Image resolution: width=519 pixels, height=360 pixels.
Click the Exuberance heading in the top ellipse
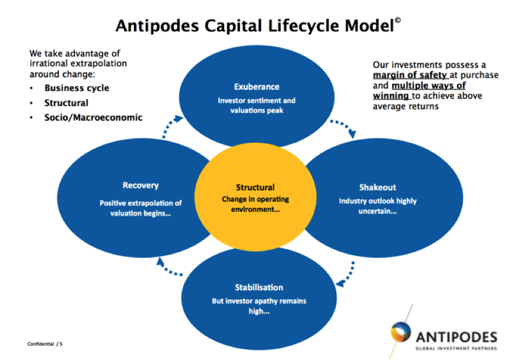[256, 87]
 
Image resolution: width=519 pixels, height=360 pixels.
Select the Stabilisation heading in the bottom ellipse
[259, 287]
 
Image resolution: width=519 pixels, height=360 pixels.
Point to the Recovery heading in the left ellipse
[140, 185]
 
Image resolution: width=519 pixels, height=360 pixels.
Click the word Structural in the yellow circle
[255, 187]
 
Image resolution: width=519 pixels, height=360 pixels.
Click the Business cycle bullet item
[77, 89]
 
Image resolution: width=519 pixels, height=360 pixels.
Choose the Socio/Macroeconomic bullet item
[93, 117]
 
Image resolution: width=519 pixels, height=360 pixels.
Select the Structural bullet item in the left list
[66, 103]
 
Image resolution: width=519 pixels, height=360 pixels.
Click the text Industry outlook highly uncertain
[377, 206]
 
